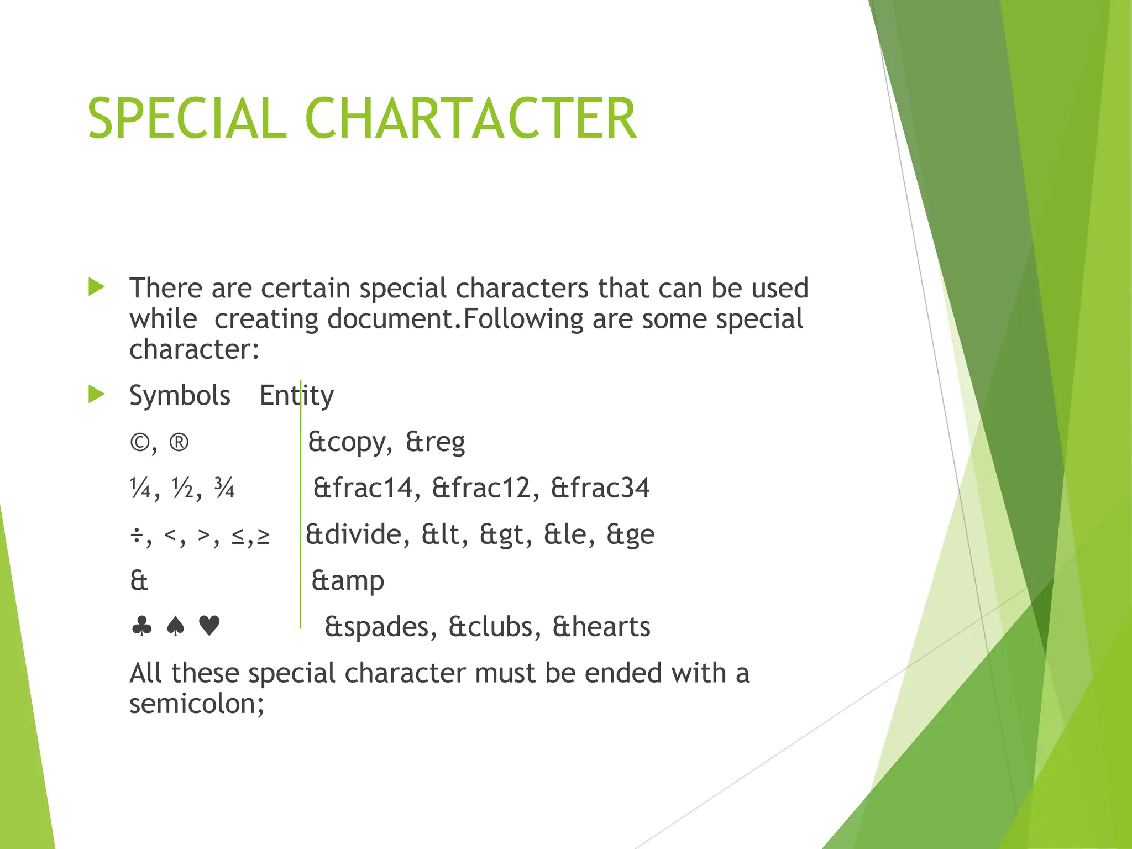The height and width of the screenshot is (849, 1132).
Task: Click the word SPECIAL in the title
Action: tap(187, 118)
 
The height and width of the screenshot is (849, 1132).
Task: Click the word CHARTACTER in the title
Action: tap(470, 118)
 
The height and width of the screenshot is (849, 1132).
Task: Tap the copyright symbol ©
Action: tap(140, 443)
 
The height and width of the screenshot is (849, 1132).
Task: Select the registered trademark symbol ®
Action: tap(179, 443)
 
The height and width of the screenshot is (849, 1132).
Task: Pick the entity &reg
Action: tap(435, 443)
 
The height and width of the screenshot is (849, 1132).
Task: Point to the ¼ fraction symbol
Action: tap(140, 489)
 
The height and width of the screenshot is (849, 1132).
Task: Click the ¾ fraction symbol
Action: tap(224, 489)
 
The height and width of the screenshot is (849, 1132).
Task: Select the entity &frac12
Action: tap(481, 489)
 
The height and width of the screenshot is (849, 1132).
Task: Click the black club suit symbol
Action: tap(142, 627)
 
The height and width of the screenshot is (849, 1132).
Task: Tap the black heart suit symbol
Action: tap(209, 627)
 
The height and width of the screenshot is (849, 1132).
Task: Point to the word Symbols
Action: tap(180, 396)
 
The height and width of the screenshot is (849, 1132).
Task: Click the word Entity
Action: tap(297, 396)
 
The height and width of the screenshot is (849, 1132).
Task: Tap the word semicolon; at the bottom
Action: tap(197, 704)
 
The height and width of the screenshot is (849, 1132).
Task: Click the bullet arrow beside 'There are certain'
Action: tap(96, 287)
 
